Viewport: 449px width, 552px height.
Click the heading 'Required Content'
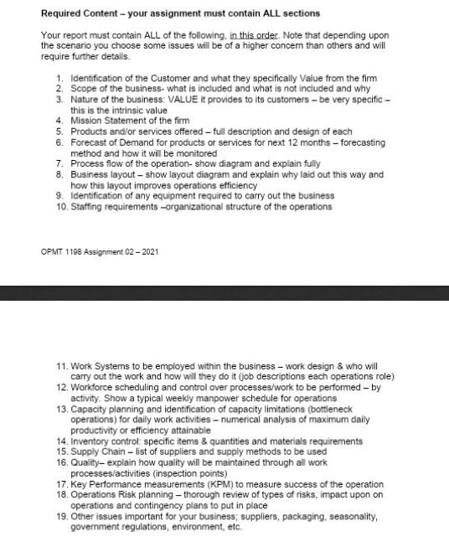(x=75, y=13)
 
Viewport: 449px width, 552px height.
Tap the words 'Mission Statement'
(x=105, y=120)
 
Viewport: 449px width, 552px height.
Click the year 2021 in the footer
(x=147, y=251)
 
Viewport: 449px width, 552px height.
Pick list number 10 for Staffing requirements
(x=61, y=206)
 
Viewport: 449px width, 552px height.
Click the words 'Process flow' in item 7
(x=95, y=163)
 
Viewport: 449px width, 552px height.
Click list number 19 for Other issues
(x=61, y=517)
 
